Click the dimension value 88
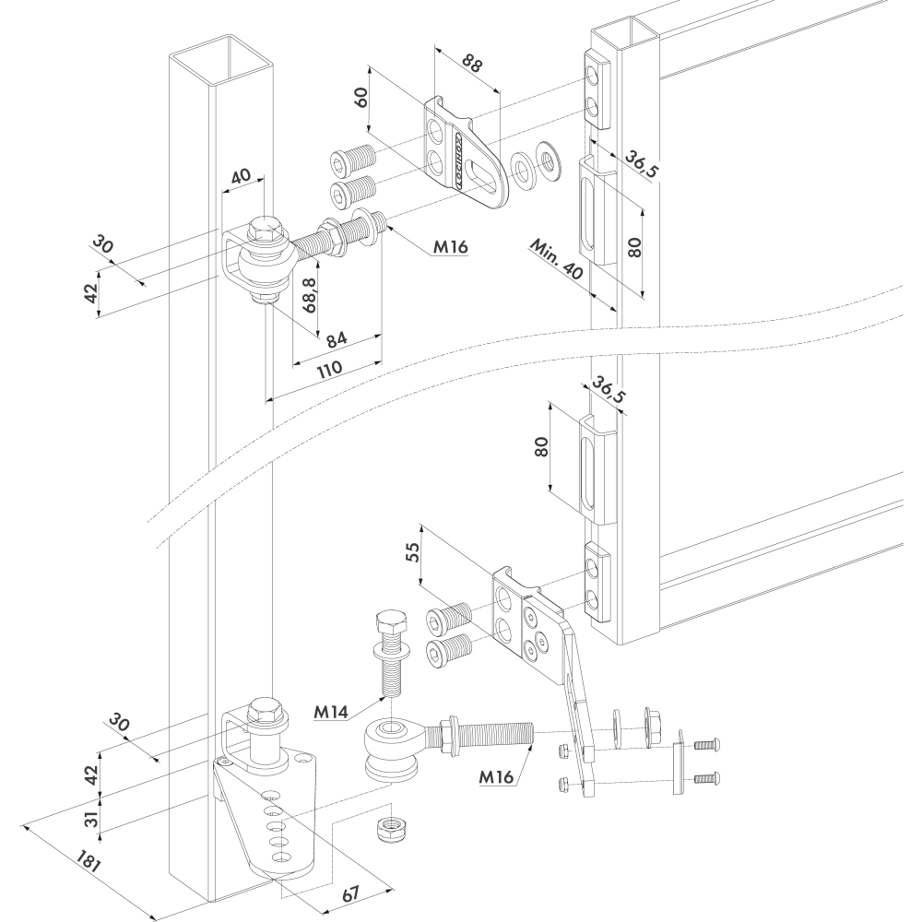tap(472, 64)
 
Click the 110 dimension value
tap(329, 370)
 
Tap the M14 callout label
tap(331, 712)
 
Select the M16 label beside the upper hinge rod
tap(451, 247)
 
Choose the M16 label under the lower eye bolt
tap(496, 776)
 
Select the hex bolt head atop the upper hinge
tap(267, 229)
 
